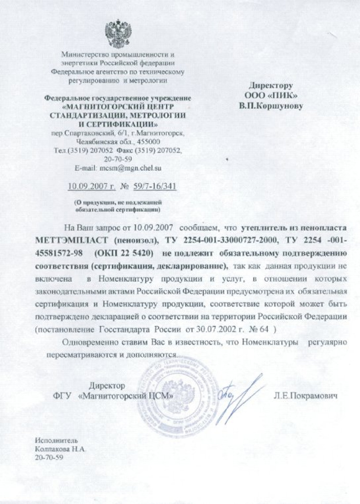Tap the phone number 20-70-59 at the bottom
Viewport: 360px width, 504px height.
49,457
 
